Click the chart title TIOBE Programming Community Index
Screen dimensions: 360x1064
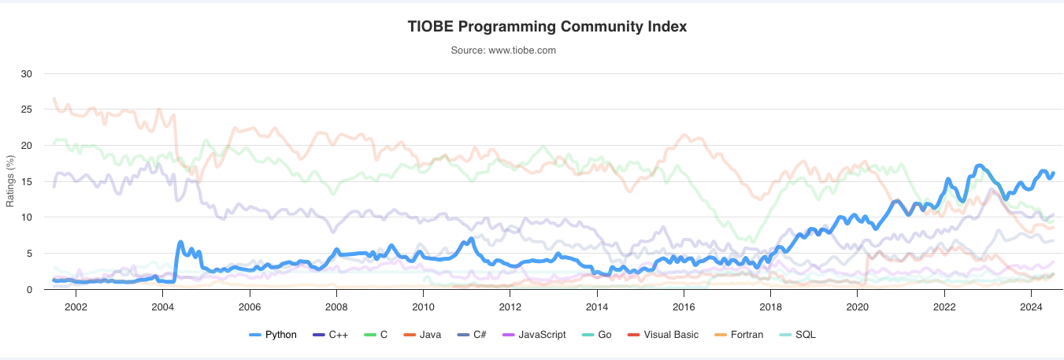(547, 27)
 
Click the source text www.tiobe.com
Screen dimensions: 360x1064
(503, 50)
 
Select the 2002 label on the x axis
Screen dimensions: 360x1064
(76, 305)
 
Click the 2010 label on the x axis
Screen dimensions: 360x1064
(423, 305)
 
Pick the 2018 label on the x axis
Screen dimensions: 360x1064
(770, 305)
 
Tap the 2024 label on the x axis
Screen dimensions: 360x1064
(1031, 305)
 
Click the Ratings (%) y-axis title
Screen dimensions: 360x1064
(10, 182)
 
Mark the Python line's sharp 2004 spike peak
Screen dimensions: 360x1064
(180, 242)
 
